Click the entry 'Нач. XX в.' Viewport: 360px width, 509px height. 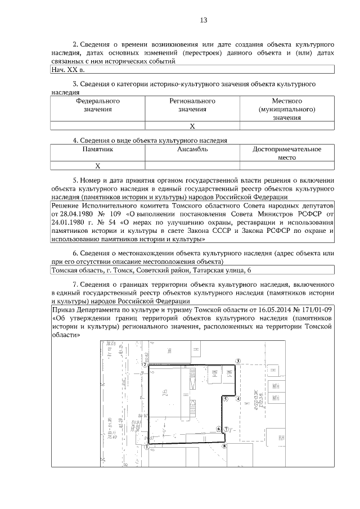(x=67, y=70)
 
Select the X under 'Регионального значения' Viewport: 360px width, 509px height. (x=192, y=126)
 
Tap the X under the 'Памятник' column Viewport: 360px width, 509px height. (x=97, y=166)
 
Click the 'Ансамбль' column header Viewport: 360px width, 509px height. (x=192, y=150)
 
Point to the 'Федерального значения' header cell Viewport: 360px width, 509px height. (x=98, y=105)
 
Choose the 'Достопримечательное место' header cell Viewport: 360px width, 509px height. (x=287, y=154)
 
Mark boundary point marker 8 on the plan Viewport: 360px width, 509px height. (x=224, y=447)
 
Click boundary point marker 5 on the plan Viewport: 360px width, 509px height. (x=224, y=398)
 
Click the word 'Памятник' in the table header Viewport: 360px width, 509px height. (x=98, y=150)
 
